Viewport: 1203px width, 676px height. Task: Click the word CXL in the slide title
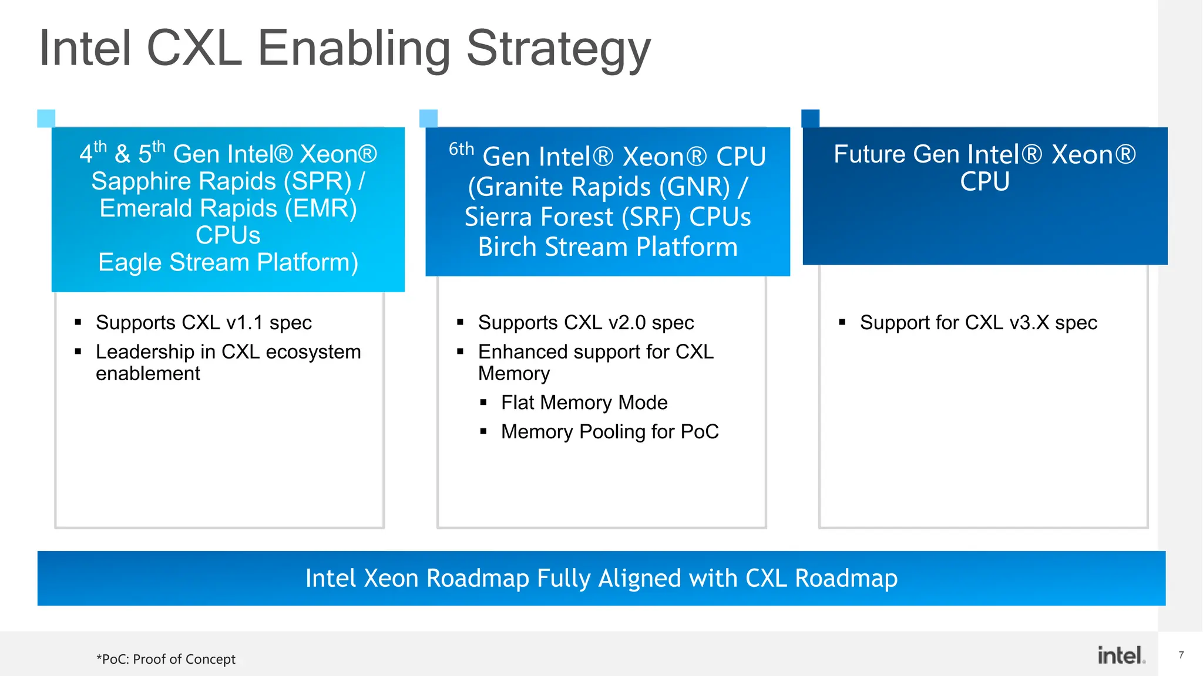point(194,48)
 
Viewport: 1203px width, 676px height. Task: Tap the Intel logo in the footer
point(1121,655)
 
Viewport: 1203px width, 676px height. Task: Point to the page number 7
point(1181,655)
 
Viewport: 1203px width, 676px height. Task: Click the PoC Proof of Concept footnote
point(166,660)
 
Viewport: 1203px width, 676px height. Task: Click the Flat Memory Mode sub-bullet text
point(584,403)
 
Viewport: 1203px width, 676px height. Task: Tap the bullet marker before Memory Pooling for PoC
point(483,432)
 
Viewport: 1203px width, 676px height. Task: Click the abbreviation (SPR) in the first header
point(317,181)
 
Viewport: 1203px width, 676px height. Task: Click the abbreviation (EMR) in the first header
point(321,208)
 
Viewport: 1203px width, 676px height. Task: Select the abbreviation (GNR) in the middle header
point(694,187)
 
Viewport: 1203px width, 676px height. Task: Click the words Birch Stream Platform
point(607,247)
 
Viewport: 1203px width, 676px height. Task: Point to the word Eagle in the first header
point(130,262)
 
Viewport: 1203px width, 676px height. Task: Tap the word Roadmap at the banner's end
point(846,579)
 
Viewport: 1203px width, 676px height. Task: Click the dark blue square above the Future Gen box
point(810,118)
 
